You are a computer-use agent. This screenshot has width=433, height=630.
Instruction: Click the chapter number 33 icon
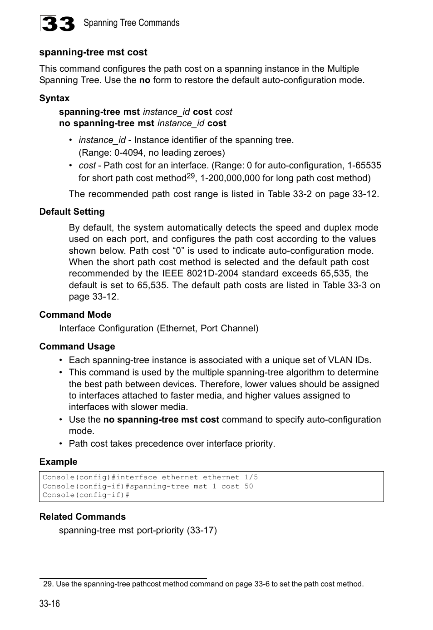[58, 24]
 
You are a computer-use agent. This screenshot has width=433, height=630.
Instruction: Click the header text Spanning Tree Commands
[131, 23]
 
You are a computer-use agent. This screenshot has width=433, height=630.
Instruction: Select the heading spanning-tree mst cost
[93, 52]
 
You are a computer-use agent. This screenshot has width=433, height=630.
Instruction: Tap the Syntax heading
[54, 98]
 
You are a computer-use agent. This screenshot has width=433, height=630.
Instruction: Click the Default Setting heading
[72, 212]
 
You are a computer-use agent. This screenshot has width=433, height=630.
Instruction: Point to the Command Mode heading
[75, 315]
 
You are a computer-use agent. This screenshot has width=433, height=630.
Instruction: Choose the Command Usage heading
[77, 346]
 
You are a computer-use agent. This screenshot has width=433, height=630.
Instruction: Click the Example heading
[58, 462]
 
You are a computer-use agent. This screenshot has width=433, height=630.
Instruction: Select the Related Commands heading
[83, 517]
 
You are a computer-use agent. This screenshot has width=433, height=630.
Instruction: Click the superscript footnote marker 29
[191, 176]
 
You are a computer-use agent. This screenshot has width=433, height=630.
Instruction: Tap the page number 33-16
[49, 603]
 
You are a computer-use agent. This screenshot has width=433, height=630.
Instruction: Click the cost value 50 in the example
[249, 486]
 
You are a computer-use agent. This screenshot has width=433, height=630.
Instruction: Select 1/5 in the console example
[251, 477]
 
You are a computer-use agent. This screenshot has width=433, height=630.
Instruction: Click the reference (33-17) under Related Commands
[202, 530]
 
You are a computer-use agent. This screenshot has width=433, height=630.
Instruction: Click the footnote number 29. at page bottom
[48, 584]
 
